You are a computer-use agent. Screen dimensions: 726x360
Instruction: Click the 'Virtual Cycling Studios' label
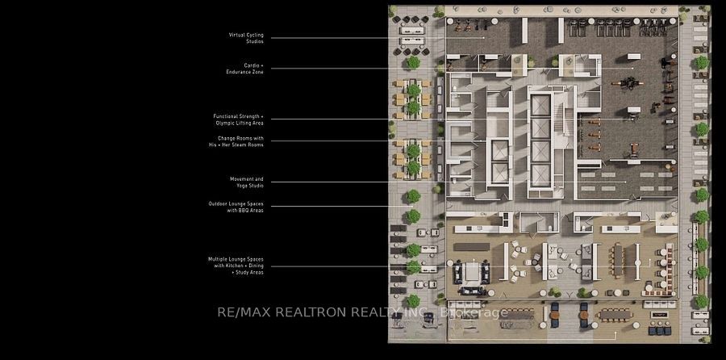246,38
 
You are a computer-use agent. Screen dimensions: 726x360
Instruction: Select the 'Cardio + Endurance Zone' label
245,69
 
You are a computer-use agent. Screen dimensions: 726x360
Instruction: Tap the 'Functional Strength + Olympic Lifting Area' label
239,119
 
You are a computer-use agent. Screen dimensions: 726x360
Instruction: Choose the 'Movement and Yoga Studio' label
247,182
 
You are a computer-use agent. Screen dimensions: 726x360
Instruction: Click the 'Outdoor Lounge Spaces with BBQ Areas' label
236,207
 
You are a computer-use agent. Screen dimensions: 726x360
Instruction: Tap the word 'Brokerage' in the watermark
474,313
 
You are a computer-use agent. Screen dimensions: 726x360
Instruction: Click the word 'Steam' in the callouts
240,144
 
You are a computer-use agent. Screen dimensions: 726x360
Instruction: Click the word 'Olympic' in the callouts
224,123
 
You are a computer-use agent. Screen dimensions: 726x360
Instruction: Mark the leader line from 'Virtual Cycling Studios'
378,38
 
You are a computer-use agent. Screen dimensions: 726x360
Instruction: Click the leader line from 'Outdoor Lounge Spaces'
342,206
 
